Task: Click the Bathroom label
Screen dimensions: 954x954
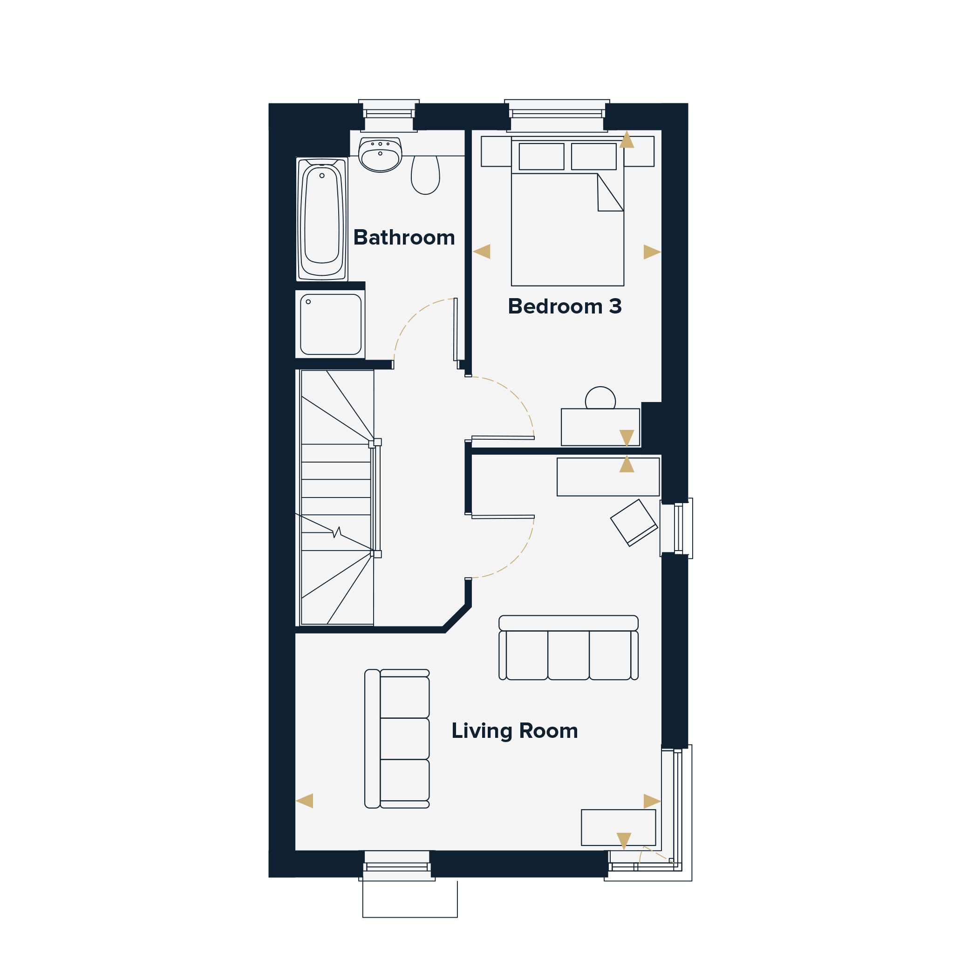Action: point(404,238)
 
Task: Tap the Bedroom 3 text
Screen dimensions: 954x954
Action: point(565,306)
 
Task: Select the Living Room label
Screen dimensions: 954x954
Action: point(515,731)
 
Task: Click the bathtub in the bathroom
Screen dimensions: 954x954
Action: point(322,219)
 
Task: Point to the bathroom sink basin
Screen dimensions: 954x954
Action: point(380,155)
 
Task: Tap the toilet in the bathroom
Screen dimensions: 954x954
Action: point(425,175)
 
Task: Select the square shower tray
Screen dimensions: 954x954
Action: point(331,324)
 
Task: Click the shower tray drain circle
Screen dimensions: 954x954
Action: point(309,302)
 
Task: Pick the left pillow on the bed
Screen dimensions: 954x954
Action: point(541,157)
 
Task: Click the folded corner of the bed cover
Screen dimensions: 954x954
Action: point(609,195)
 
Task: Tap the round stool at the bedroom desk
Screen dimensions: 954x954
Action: point(600,398)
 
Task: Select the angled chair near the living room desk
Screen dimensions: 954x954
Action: point(634,523)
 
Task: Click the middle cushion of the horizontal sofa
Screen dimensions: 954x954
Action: point(568,655)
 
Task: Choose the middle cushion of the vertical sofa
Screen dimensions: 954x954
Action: point(404,739)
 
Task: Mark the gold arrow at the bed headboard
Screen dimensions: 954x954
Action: point(627,139)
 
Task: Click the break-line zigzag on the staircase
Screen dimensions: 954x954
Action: point(338,532)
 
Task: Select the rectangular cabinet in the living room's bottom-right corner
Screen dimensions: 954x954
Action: point(618,828)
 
